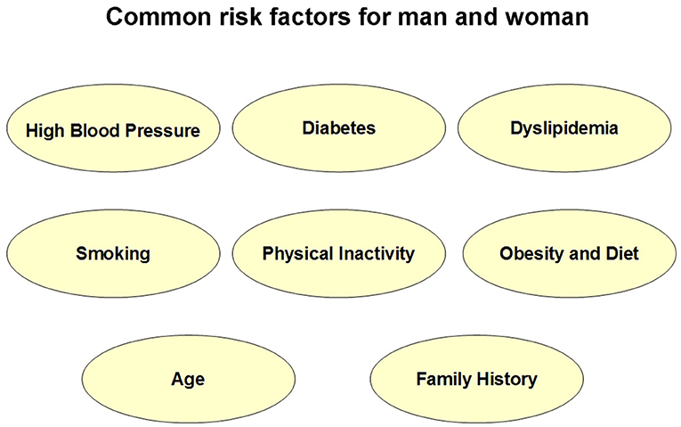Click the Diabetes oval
[339, 127]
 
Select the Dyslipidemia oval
[564, 127]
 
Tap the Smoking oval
[113, 253]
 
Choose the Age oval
[189, 379]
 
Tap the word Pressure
[162, 130]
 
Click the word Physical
[297, 254]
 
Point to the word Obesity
[527, 254]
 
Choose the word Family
[444, 380]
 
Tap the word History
[507, 380]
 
